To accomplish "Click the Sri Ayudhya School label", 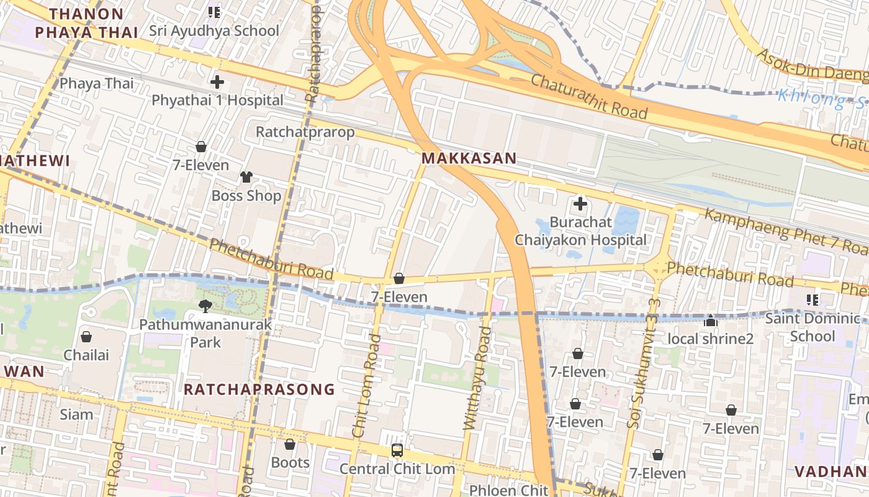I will [214, 30].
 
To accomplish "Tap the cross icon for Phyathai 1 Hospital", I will [217, 81].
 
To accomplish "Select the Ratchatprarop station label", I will [305, 132].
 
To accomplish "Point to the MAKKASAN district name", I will [469, 158].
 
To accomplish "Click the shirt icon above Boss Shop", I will [246, 177].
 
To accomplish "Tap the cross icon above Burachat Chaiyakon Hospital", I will [580, 203].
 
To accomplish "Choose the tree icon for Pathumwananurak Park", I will [205, 305].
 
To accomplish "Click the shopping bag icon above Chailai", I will [86, 337].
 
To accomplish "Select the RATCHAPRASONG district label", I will [259, 390].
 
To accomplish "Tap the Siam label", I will [76, 414].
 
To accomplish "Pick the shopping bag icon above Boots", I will [290, 444].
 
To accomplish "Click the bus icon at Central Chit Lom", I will [397, 450].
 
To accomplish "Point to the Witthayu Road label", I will [477, 379].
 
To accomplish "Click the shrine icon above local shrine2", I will [711, 321].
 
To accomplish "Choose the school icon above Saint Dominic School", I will [812, 300].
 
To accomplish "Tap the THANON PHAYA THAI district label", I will [86, 23].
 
